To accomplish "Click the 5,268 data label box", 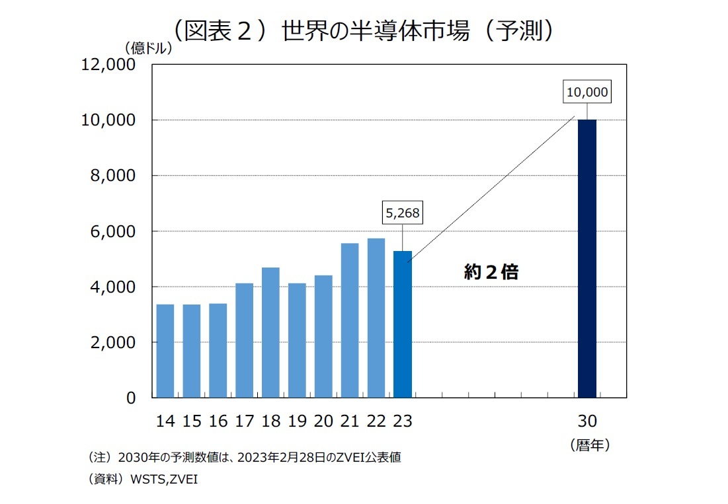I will click(403, 213).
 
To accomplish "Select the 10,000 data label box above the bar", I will click(586, 92).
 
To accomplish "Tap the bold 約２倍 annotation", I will click(491, 272).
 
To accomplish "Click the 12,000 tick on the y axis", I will click(108, 65).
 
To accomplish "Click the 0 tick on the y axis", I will click(131, 398).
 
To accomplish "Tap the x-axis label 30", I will click(586, 421).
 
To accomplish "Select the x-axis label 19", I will click(297, 421).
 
